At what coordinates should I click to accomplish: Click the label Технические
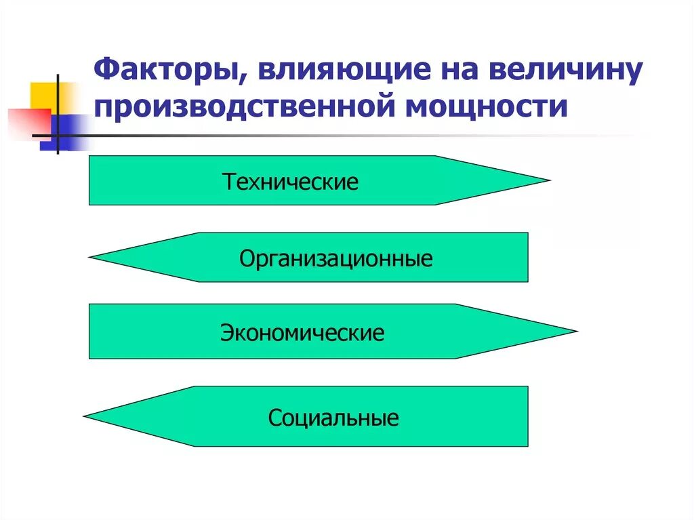click(291, 182)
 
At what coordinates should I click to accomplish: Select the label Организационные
click(336, 258)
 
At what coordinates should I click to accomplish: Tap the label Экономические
click(302, 333)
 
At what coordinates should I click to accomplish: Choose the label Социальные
click(333, 418)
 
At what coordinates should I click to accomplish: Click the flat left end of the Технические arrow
click(90, 180)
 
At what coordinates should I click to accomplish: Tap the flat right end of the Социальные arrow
click(527, 416)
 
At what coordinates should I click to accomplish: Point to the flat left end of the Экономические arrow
click(90, 332)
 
